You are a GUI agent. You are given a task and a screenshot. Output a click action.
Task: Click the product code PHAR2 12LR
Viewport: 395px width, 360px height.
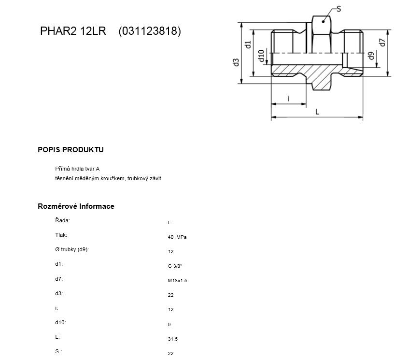[x=73, y=31]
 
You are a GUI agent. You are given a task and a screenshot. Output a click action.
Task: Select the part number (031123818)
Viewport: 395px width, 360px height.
[x=150, y=31]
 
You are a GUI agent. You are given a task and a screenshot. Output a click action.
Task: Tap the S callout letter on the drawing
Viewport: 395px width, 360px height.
[x=339, y=9]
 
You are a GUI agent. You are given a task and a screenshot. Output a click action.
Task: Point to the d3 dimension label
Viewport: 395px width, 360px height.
[x=236, y=62]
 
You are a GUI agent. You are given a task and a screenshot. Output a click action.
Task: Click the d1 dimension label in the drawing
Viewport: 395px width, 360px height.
[x=248, y=44]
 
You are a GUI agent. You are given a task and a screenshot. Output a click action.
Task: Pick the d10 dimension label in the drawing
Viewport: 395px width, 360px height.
[x=261, y=56]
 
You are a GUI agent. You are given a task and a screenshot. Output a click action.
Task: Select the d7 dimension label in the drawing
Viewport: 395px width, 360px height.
[x=382, y=43]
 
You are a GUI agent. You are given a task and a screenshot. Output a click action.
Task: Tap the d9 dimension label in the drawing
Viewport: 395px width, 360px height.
[x=371, y=56]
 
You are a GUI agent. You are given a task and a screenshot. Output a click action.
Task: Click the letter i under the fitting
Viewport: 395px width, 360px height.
[x=289, y=99]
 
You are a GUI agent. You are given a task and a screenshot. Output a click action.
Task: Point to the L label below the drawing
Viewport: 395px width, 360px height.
[x=317, y=112]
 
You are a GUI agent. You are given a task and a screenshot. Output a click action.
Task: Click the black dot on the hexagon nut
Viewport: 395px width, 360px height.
[x=323, y=22]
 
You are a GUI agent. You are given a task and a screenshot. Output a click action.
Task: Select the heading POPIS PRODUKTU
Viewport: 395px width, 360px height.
[x=71, y=149]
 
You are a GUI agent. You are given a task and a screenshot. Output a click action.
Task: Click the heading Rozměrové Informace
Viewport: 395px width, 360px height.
[x=76, y=206]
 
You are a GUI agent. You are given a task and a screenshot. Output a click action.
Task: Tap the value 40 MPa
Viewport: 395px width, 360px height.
[x=177, y=237]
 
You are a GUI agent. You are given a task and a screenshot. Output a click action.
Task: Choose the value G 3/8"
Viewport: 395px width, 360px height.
[x=175, y=266]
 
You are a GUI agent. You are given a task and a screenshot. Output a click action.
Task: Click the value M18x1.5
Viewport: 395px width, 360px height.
[x=177, y=281]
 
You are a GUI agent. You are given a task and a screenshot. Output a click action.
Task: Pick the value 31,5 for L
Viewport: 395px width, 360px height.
[x=172, y=339]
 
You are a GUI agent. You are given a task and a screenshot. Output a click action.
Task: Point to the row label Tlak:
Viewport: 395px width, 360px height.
[x=61, y=235]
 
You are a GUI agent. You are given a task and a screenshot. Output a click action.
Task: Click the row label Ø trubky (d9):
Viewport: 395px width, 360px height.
[x=72, y=249]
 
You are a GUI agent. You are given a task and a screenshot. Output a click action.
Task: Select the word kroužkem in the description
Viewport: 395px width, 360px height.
[x=115, y=178]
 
